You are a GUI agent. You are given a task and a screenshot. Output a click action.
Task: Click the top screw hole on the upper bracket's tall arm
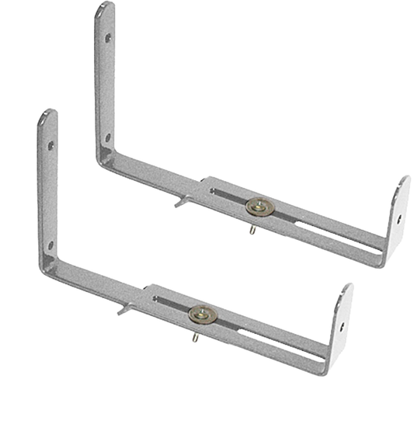pyautogui.click(x=108, y=37)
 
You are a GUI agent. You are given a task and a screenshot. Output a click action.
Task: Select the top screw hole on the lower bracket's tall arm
pyautogui.click(x=51, y=144)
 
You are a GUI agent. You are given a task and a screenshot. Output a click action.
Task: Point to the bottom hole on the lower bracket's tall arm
pyautogui.click(x=51, y=245)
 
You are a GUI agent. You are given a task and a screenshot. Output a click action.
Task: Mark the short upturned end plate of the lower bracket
pyautogui.click(x=341, y=325)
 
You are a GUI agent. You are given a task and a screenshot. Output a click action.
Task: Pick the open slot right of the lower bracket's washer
pyautogui.click(x=272, y=340)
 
